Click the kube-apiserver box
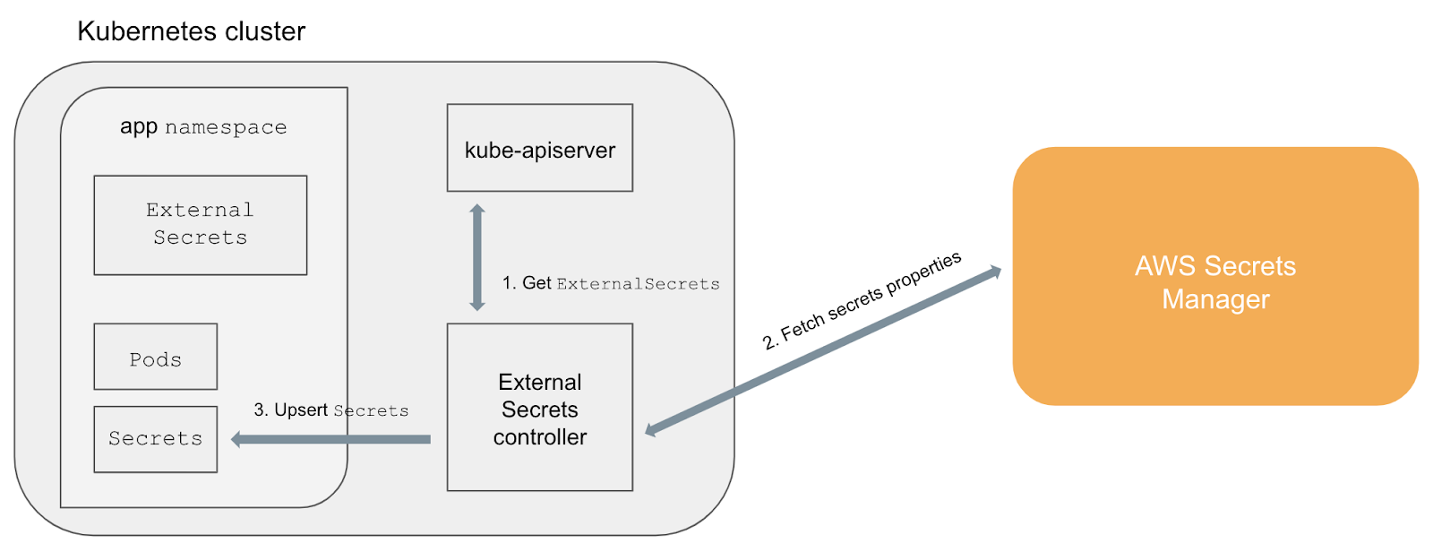[539, 148]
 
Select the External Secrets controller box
[539, 408]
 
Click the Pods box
[155, 357]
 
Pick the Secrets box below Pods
[155, 439]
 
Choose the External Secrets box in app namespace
[200, 225]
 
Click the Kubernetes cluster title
[191, 31]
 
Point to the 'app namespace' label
[203, 127]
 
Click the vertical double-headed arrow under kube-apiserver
[477, 257]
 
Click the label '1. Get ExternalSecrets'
[611, 283]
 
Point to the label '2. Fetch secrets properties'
[862, 300]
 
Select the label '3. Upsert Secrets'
[330, 410]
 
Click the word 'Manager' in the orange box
[1215, 299]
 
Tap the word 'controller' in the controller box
[539, 437]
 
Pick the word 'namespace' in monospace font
[226, 128]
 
